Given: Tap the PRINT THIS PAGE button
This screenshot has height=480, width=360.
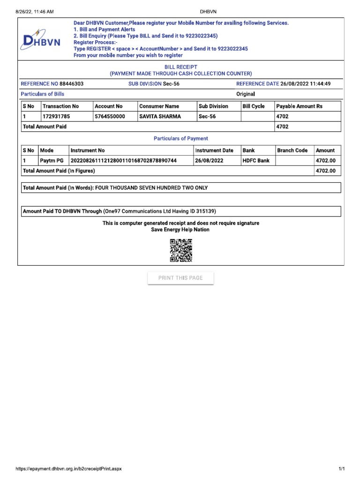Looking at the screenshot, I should coord(180,278).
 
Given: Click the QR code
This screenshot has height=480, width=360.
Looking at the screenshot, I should coord(180,250).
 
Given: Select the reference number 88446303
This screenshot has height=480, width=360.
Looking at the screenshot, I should coord(72,84).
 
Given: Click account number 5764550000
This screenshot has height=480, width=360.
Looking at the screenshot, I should coord(110,116).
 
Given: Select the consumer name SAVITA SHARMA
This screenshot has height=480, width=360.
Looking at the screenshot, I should coord(160,116).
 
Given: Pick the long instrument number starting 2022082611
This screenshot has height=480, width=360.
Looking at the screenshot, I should coord(123,161).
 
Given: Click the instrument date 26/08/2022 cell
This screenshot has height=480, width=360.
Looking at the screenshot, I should coord(210,161).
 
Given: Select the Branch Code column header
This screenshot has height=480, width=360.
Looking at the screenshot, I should coord(292,150).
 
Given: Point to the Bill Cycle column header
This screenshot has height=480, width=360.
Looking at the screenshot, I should coord(254,106).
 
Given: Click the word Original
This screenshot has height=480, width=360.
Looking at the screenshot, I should coord(246,94).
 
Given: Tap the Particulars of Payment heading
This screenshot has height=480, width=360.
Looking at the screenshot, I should coord(181,139).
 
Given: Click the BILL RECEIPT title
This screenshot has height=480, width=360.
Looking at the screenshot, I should coord(180,67).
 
